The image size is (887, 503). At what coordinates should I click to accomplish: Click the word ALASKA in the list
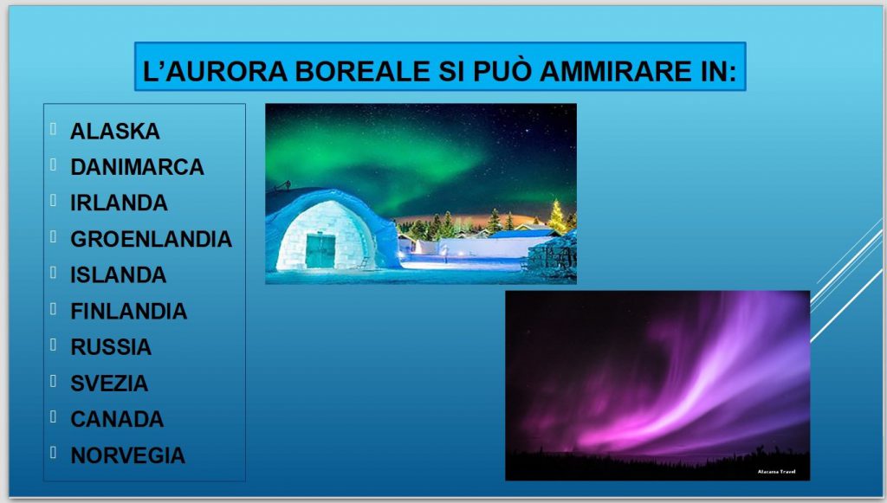(x=115, y=131)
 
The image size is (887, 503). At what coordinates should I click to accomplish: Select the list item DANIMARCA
(x=137, y=167)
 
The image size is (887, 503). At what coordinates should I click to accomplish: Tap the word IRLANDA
(x=119, y=203)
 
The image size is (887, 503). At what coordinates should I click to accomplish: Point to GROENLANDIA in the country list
(x=151, y=239)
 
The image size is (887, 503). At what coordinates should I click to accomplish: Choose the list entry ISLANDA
(x=118, y=275)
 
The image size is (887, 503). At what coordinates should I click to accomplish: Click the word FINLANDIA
(x=128, y=312)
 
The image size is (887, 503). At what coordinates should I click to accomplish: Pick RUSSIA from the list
(x=111, y=347)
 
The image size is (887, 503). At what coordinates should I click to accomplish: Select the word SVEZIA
(x=109, y=384)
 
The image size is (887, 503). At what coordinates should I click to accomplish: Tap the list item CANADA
(x=117, y=419)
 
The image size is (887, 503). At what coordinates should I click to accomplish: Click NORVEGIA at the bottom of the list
(x=128, y=455)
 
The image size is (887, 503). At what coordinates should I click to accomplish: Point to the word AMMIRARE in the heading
(x=612, y=71)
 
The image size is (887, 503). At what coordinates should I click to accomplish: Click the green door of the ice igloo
(x=320, y=251)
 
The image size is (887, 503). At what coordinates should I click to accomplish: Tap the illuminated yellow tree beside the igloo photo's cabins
(x=557, y=216)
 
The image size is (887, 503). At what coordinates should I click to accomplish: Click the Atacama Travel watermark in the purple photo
(x=777, y=471)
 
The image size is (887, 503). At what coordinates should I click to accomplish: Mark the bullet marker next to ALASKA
(x=53, y=129)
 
